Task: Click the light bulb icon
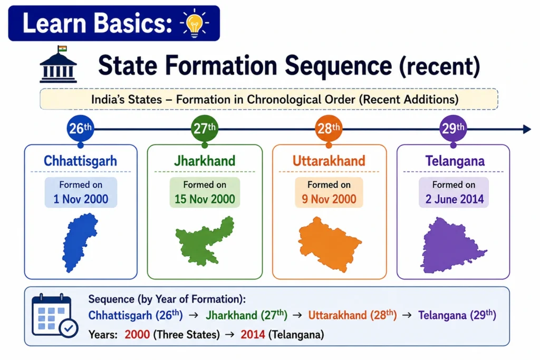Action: click(x=194, y=23)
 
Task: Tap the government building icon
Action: click(x=58, y=65)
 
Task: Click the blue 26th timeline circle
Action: click(x=80, y=129)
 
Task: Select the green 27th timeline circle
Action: click(x=205, y=129)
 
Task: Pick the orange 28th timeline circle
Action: click(x=329, y=129)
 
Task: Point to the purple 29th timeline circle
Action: click(x=453, y=129)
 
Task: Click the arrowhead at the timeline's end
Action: click(x=527, y=130)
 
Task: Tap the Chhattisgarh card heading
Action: click(x=80, y=161)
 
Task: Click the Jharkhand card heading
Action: click(x=205, y=161)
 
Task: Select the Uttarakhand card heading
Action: click(x=329, y=161)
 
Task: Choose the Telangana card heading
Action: click(x=455, y=161)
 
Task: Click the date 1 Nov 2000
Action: click(x=81, y=199)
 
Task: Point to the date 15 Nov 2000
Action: click(x=205, y=199)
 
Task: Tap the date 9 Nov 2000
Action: click(x=329, y=199)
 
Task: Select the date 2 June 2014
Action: click(x=454, y=199)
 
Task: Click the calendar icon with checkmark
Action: click(x=54, y=316)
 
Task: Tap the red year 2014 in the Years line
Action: click(x=253, y=335)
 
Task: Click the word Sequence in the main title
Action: click(x=339, y=66)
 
